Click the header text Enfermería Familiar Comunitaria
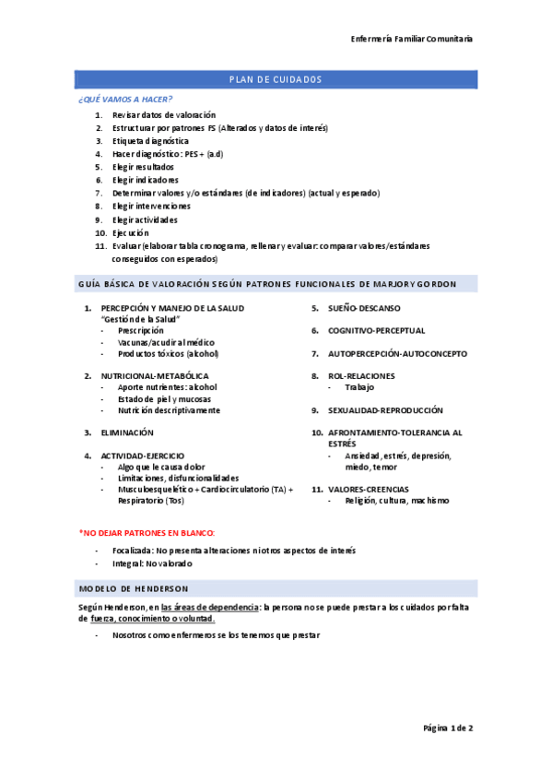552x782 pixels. coord(412,39)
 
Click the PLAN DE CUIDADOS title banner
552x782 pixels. coord(276,79)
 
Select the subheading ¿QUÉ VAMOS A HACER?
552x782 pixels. coord(125,99)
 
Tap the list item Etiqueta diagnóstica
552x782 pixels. coord(150,141)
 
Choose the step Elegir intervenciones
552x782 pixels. coord(151,207)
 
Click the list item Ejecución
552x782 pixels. coord(130,233)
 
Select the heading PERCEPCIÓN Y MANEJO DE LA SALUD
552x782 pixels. coord(172,308)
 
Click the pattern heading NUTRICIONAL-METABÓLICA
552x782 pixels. coord(154,376)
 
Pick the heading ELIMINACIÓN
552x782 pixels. coord(127,432)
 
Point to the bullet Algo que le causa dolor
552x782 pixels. coord(162,467)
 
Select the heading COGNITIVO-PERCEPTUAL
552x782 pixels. coord(377,330)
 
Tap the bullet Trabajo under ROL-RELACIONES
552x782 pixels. coord(360,387)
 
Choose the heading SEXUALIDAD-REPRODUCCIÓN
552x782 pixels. coord(385,409)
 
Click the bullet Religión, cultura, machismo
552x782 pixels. coord(397,501)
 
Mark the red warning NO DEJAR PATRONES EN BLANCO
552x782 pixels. coord(147,533)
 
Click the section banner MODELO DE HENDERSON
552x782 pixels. coord(135,588)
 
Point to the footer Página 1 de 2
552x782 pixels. coord(448,729)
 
